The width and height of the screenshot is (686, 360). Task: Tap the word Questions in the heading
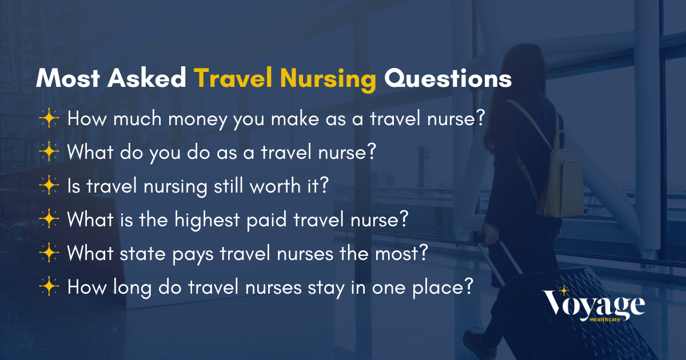coord(448,79)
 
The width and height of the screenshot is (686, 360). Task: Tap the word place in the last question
coord(444,287)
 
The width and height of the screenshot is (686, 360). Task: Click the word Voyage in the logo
coord(595,305)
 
